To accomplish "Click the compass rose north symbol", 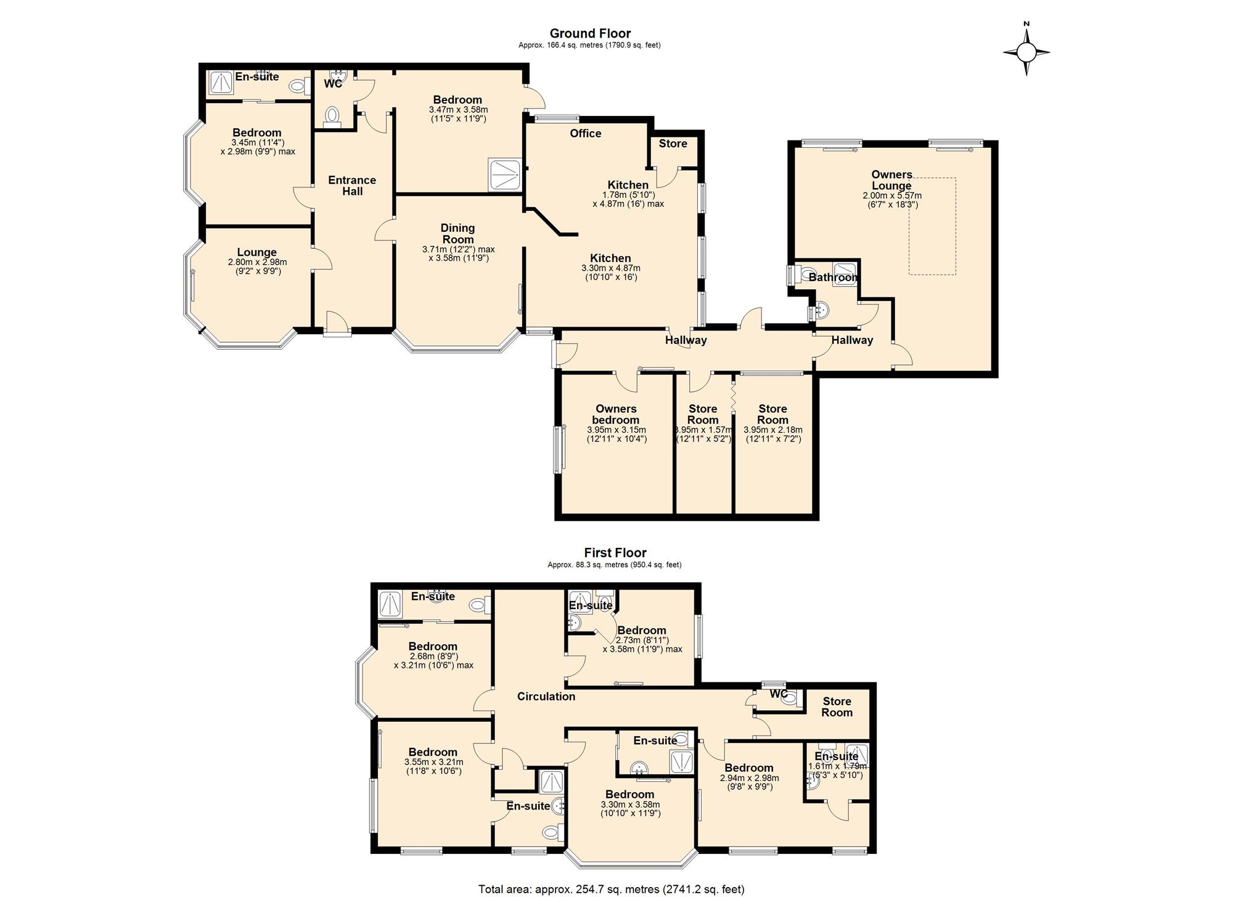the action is tap(1026, 52).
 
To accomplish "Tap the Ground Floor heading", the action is tap(590, 33).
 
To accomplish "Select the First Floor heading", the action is tap(615, 553).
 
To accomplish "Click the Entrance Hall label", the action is tap(352, 186).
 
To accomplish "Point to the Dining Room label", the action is tap(458, 234).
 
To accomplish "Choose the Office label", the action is tap(586, 133).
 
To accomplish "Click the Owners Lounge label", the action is tap(892, 180).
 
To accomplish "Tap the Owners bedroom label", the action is tap(616, 414).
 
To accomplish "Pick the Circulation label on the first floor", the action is tap(546, 697).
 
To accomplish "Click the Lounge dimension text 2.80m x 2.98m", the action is tap(257, 262).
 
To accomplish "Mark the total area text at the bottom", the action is tap(612, 889).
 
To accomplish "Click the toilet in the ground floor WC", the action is tap(332, 116).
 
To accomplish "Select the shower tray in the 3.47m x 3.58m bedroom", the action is tap(507, 175).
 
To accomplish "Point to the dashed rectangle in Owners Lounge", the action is tap(932, 226).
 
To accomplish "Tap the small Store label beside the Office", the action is tap(673, 144).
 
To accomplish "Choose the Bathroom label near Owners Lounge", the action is tap(833, 277).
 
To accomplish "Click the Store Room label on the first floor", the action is tap(837, 707).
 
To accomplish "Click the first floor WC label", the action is tap(779, 694).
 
